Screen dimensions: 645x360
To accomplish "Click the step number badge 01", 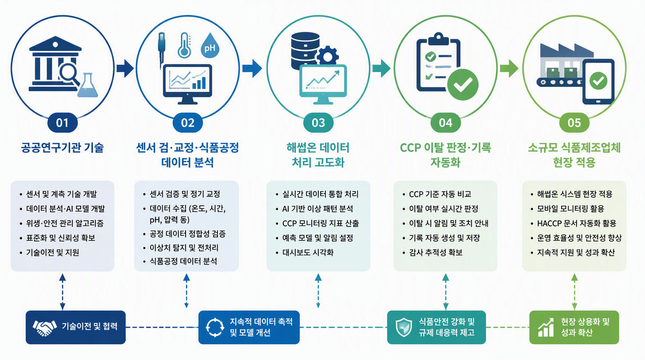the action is coord(62,123).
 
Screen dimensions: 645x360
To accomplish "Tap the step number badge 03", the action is coord(318,123).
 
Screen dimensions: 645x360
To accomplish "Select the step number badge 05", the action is coord(574,123).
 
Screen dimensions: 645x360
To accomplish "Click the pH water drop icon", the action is coord(210,45).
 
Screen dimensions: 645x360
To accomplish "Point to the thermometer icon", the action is coord(185,45).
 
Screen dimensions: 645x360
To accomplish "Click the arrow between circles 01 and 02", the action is coord(125,68).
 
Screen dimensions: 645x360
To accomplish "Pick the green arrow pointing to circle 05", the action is coord(509,68).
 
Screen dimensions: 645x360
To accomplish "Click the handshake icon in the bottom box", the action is coord(45,328).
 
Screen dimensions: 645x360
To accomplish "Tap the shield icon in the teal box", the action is coord(404,327).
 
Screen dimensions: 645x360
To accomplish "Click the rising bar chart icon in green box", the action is coord(546,328).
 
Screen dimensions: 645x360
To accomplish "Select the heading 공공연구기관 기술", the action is coord(62,148).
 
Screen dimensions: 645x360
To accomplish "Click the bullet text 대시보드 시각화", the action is coord(308,253).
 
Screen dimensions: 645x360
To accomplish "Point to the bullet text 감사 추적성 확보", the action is coord(435,253).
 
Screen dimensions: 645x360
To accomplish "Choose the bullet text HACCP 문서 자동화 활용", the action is coord(577,223).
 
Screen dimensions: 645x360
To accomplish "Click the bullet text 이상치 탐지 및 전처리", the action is coord(184,247).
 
